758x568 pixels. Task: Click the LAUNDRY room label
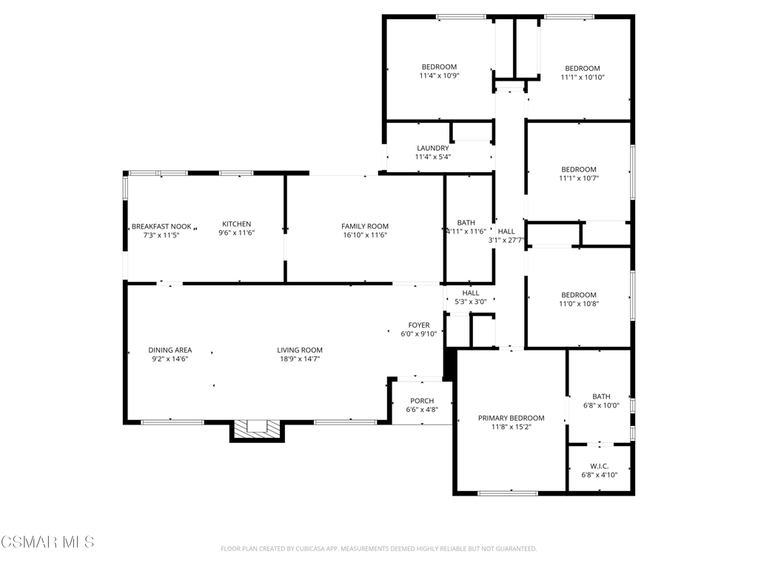coord(432,148)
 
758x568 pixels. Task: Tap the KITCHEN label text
coord(236,224)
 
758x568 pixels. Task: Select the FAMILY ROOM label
coord(365,226)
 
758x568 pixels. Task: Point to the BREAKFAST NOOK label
coord(161,226)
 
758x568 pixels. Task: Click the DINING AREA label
coord(170,350)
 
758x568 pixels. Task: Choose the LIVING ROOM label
coord(300,350)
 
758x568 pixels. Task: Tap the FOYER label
coord(419,325)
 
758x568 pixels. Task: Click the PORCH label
coord(422,401)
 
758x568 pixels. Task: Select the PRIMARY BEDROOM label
coord(512,419)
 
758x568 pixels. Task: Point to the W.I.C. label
coord(600,466)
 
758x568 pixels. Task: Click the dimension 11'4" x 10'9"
coord(439,76)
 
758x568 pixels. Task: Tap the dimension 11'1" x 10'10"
coord(583,77)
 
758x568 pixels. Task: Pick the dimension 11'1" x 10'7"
coord(579,178)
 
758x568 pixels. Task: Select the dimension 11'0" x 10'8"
coord(579,304)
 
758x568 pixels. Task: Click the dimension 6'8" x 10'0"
coord(601,405)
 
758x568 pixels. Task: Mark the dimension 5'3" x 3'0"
coord(470,302)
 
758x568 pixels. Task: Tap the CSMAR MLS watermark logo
coord(47,542)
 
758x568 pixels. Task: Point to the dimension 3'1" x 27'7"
coord(506,240)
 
